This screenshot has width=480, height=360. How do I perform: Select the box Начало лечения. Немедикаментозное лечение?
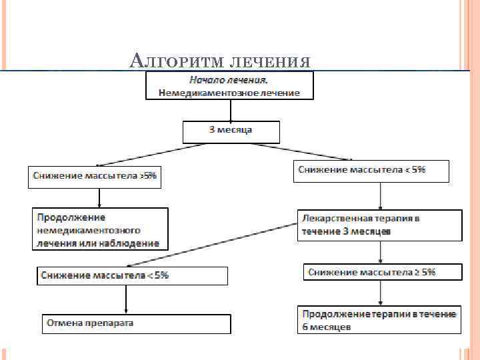click(229, 86)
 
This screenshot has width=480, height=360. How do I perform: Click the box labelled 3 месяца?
click(231, 131)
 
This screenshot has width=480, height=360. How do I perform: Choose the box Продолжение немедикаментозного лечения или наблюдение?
click(100, 230)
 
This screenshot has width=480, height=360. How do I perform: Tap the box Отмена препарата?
click(137, 323)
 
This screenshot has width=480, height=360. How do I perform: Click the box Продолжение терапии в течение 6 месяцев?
click(379, 320)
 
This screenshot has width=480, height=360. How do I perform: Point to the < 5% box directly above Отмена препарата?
click(132, 275)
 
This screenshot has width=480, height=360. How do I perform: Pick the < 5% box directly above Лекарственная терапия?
click(371, 170)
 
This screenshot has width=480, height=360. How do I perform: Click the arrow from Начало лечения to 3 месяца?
click(231, 110)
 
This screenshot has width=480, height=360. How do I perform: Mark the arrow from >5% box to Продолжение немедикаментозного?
click(99, 197)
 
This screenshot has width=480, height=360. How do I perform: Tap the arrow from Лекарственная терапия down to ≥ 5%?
click(380, 252)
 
